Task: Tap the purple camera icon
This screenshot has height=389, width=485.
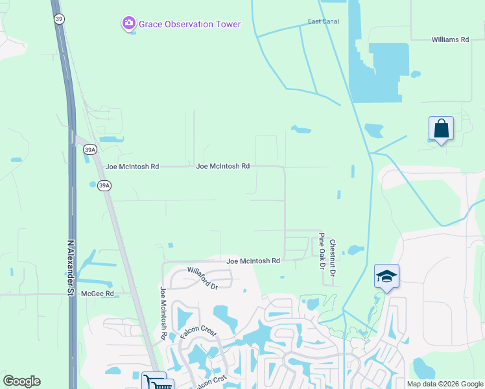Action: click(x=128, y=25)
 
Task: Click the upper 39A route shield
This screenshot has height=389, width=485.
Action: click(x=90, y=150)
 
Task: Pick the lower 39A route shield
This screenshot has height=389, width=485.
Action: click(x=104, y=185)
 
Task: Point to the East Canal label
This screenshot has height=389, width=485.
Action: click(x=323, y=21)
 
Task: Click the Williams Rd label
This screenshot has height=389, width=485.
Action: click(x=450, y=40)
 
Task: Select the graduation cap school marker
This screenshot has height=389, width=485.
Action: click(x=386, y=276)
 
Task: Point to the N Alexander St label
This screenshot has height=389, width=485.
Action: click(x=71, y=268)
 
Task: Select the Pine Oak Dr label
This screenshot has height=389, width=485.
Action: click(x=321, y=251)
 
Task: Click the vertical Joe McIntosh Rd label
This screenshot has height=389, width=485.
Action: click(x=163, y=314)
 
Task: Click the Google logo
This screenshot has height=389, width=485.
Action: click(x=22, y=381)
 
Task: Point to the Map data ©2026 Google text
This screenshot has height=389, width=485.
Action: click(x=444, y=384)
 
